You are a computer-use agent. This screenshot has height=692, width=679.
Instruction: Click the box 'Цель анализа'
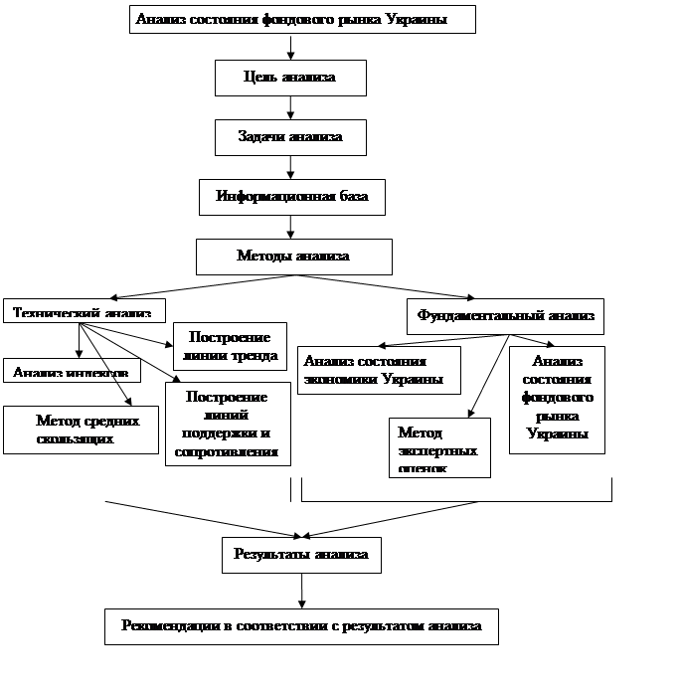click(x=290, y=78)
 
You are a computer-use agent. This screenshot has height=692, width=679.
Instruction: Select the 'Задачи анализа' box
click(x=290, y=137)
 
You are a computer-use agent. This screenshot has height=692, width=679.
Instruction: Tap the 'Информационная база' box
click(x=291, y=197)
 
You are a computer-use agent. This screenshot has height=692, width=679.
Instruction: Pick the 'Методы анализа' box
click(x=293, y=257)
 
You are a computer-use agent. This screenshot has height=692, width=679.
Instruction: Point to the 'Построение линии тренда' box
click(x=230, y=346)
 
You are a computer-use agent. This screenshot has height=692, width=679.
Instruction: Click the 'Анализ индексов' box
click(x=71, y=372)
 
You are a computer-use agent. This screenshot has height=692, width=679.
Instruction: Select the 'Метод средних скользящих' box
click(x=82, y=430)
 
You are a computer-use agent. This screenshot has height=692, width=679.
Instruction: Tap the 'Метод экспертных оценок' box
click(x=439, y=447)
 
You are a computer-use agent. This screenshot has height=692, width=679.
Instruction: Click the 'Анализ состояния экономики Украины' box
click(x=379, y=370)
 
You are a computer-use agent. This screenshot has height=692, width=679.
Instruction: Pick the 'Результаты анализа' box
click(x=301, y=555)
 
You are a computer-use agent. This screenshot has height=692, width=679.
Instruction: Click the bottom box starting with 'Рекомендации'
click(x=301, y=626)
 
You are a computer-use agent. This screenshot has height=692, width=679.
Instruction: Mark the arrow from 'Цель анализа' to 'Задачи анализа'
click(x=290, y=107)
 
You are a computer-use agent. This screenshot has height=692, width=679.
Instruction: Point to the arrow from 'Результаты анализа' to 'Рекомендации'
click(x=301, y=591)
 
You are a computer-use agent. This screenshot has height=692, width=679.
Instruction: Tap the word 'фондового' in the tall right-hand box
click(x=557, y=398)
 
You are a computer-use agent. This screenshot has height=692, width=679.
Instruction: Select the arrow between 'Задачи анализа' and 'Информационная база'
click(x=290, y=167)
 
